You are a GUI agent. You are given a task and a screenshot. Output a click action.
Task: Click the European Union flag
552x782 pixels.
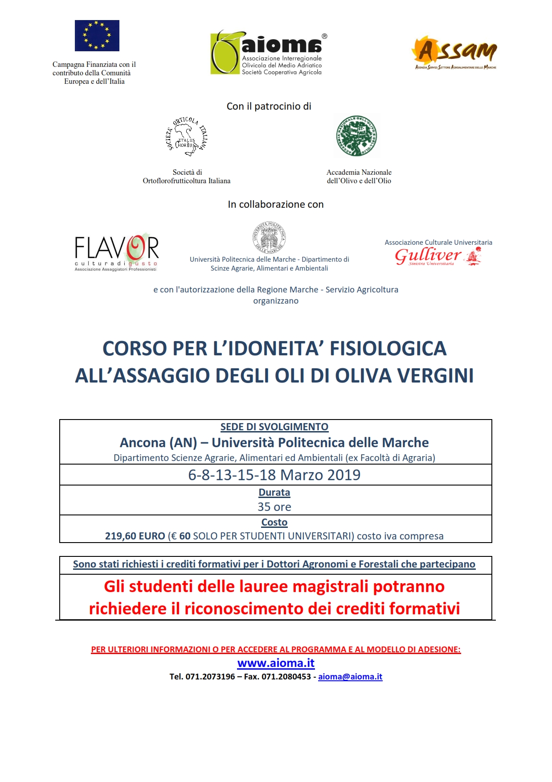coord(97,36)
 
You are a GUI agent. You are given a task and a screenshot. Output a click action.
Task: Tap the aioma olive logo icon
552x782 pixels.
coord(225,53)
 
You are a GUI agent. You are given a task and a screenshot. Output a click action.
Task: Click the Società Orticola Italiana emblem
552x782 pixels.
coord(187,136)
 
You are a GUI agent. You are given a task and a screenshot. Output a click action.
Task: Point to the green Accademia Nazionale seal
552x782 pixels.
coord(356,136)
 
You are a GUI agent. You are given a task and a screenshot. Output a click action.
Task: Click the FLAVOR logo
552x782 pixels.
coord(117,252)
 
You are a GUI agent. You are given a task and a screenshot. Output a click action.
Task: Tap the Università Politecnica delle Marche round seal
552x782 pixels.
coord(269,238)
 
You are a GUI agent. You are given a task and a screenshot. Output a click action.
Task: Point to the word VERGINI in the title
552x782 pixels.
coord(435,375)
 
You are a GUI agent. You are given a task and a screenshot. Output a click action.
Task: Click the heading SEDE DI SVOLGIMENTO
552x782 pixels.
coord(274,427)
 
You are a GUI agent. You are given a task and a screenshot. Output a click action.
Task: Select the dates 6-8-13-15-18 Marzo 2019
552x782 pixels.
coord(274,475)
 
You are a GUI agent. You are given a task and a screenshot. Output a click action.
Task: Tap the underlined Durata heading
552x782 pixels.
coord(274,492)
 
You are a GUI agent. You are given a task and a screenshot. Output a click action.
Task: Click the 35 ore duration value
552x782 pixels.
coord(274,507)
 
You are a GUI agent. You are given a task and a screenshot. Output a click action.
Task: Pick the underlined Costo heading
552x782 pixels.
coord(274,522)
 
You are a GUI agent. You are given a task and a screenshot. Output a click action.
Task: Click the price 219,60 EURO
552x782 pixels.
coord(135,536)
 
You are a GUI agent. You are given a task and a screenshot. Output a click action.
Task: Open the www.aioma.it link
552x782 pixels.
coord(276,663)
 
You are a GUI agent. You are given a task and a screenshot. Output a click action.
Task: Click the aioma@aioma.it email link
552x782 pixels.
coord(350,676)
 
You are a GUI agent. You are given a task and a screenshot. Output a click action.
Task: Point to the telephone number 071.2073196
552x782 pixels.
coord(210,676)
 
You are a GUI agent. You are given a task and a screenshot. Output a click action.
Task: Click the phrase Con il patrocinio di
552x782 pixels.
coord(269,106)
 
